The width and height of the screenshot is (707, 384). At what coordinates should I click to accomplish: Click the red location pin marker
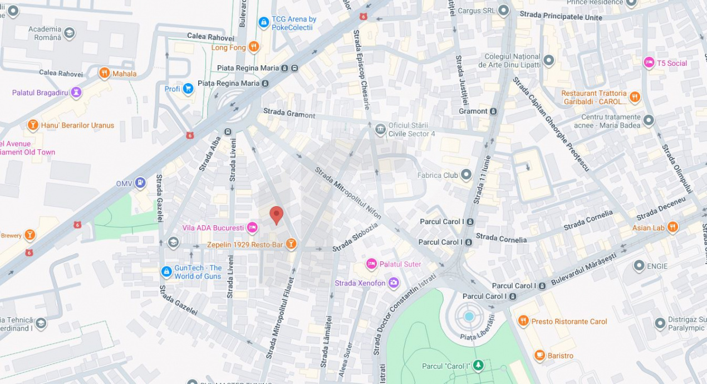click(x=276, y=215)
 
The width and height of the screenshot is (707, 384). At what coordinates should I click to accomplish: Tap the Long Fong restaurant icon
click(x=254, y=47)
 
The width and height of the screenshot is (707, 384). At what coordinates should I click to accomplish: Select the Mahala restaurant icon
click(x=104, y=73)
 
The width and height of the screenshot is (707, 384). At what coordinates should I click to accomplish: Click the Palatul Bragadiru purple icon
click(x=76, y=92)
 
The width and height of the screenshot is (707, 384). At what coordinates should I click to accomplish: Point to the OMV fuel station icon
click(x=141, y=182)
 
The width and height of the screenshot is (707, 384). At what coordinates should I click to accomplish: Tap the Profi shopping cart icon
click(x=188, y=88)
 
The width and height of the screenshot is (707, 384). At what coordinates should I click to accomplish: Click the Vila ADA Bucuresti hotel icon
click(x=252, y=227)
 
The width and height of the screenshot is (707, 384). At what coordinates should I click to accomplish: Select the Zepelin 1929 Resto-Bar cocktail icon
click(x=291, y=244)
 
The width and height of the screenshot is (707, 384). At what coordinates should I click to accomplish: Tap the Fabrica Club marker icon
click(x=466, y=174)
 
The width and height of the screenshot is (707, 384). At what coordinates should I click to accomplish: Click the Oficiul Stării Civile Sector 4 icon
click(x=380, y=129)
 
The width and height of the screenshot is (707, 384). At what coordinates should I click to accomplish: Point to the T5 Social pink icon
click(x=649, y=62)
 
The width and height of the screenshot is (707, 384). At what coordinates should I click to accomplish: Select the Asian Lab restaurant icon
click(x=672, y=227)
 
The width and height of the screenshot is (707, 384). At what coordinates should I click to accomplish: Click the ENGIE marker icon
click(x=639, y=266)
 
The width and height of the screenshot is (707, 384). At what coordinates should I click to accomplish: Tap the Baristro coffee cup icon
click(x=539, y=355)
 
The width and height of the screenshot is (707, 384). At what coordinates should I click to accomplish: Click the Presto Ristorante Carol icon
click(x=523, y=320)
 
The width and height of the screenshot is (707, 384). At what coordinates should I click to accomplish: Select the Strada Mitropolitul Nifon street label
click(x=348, y=193)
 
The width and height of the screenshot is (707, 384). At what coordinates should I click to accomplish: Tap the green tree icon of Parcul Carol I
click(x=478, y=366)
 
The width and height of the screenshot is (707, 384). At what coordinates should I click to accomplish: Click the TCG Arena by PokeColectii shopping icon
click(x=264, y=22)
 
